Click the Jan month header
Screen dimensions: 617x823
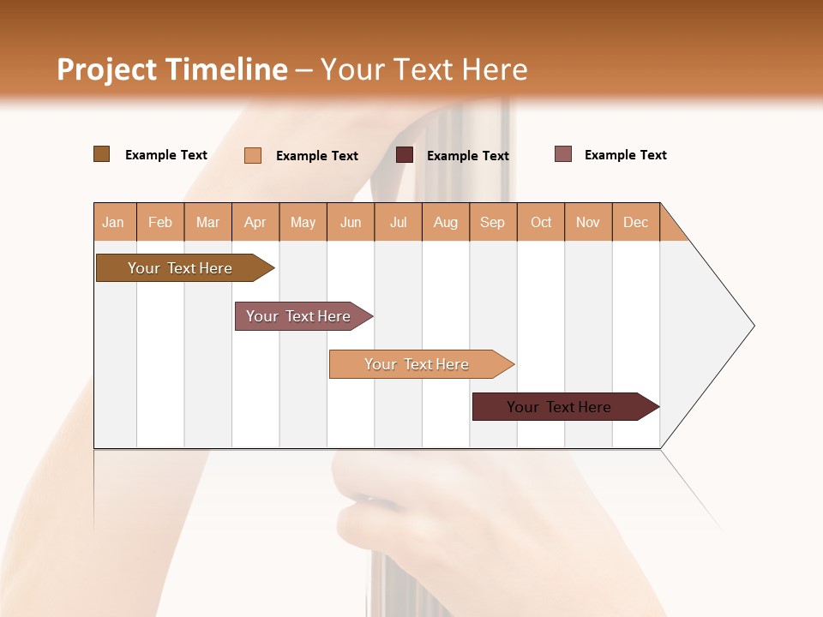click(114, 222)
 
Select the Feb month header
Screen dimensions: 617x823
click(160, 222)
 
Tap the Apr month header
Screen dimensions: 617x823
click(255, 222)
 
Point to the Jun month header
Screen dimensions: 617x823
click(351, 222)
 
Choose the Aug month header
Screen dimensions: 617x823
click(446, 222)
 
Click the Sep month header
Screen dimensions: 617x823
click(493, 222)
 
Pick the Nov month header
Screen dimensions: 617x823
click(588, 222)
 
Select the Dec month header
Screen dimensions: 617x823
click(636, 222)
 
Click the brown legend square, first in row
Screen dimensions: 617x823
click(101, 154)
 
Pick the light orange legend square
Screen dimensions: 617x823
click(253, 155)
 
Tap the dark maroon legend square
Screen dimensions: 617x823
click(405, 155)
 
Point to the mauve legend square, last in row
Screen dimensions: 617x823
click(563, 154)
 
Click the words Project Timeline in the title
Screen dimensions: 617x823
click(172, 69)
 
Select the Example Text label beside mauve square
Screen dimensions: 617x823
click(625, 155)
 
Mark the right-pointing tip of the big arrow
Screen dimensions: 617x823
click(752, 326)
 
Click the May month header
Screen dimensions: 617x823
click(303, 222)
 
